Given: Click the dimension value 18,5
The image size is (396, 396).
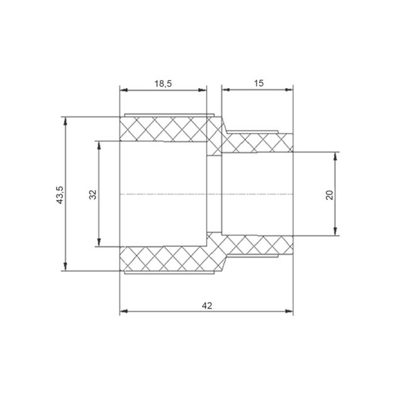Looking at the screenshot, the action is (163, 84).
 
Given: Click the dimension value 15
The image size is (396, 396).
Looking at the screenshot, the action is (258, 83).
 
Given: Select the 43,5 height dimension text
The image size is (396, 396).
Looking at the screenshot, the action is (60, 195).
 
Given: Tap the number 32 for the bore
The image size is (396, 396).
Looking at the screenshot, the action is (92, 194).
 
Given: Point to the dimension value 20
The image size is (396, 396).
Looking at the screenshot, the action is (329, 195).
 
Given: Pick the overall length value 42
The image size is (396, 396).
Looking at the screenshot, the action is (207, 306).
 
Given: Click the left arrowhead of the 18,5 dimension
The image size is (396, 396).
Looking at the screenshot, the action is (123, 90).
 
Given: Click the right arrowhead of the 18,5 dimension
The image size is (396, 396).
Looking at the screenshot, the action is (203, 90).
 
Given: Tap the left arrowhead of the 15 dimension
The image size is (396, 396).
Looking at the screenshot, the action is (226, 90).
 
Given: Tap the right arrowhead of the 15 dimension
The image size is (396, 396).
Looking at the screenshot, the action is (289, 90).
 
